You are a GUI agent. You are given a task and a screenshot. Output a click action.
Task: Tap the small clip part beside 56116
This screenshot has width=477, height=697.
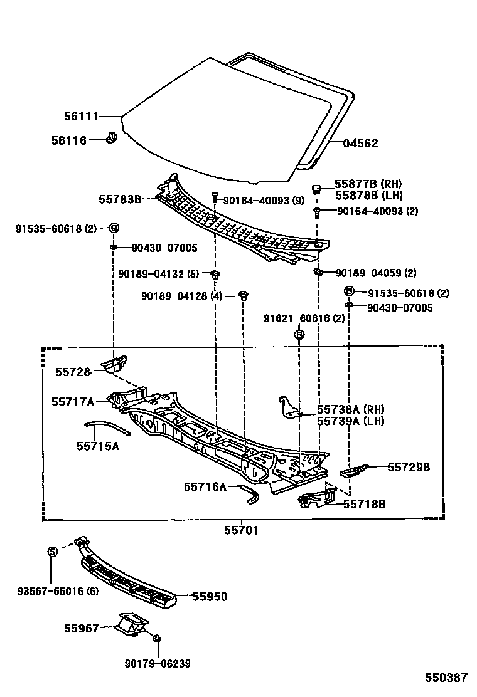coord(112,138)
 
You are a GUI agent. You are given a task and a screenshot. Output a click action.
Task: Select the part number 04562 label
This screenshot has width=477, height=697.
coord(360,143)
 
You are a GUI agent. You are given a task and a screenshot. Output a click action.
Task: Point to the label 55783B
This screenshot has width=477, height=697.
coord(119,199)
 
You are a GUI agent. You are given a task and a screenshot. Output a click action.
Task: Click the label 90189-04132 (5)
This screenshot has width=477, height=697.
coord(158,273)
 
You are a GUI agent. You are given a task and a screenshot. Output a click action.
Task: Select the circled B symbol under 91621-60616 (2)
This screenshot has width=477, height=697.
coord(299,335)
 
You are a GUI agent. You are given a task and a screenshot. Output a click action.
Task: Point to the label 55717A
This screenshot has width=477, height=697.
coord(73,401)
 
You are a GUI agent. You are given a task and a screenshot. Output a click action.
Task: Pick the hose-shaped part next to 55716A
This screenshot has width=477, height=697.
coord(249,493)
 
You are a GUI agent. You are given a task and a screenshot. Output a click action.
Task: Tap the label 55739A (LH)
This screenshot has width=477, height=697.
coord(350,421)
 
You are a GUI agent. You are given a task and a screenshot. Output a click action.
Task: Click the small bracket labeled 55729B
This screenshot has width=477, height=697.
coord(355,469)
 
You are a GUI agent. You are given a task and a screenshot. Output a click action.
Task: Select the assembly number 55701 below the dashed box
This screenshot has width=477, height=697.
coord(242,530)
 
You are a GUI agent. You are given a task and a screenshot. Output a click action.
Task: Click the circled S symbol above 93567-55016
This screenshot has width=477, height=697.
coord(53,551)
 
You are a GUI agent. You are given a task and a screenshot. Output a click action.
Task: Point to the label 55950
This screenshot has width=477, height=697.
coord(209,597)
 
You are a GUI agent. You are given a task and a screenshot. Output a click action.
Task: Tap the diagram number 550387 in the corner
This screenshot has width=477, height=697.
coord(446,678)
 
